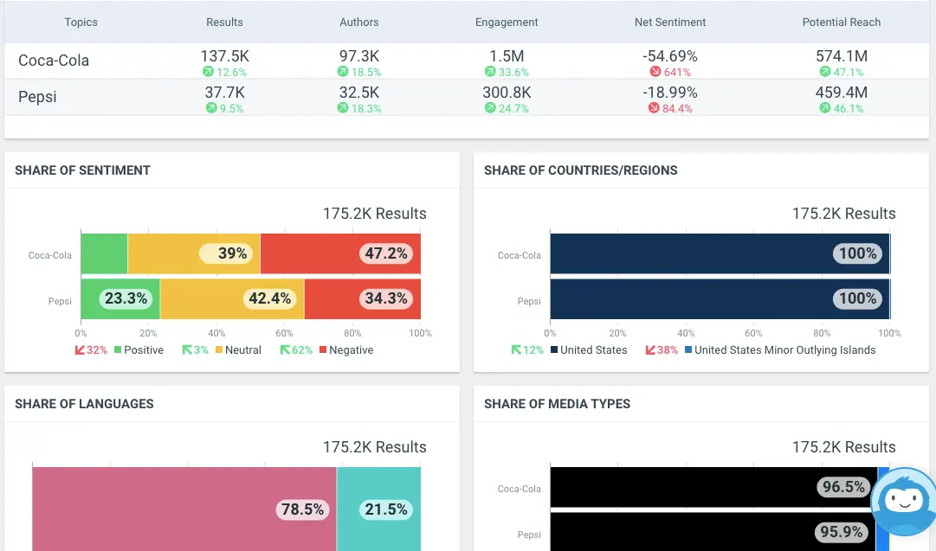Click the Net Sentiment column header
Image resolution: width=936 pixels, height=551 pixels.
669,22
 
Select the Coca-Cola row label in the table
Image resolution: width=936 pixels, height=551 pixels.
54,61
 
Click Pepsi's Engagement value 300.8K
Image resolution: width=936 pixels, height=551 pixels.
507,93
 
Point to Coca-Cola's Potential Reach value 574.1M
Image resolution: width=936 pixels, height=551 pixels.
841,56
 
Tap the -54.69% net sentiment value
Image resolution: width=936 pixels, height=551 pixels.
669,56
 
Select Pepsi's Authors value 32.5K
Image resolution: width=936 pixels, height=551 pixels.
358,93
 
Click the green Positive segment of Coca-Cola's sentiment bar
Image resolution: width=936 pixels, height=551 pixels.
104,254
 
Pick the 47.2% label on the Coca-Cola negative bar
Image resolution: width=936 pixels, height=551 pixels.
386,253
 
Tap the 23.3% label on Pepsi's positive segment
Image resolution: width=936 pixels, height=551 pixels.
126,298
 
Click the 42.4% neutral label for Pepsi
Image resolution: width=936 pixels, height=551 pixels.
269,298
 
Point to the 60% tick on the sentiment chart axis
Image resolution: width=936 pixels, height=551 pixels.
285,333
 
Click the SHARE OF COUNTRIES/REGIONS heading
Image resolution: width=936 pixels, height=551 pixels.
580,170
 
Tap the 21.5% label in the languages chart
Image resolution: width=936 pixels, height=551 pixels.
385,509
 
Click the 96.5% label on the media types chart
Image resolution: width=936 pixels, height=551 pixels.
842,487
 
